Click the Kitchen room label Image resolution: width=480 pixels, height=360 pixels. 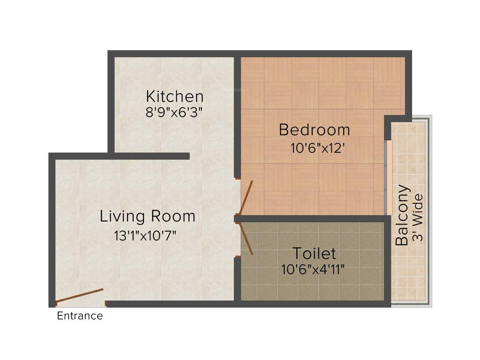(x=174, y=97)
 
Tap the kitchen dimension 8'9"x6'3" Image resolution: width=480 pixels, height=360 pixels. (x=174, y=112)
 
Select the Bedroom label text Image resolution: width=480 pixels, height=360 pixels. (x=314, y=129)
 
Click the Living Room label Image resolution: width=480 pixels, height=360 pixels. (x=147, y=216)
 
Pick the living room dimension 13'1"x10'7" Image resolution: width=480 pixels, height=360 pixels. (x=145, y=235)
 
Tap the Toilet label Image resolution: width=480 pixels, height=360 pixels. (x=314, y=254)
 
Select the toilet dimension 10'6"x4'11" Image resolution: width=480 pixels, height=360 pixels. (x=314, y=270)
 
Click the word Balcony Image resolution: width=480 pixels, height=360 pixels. (x=402, y=215)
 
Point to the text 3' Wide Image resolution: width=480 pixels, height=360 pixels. (x=418, y=217)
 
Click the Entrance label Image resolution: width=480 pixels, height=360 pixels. (x=80, y=316)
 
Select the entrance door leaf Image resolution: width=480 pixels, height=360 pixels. (x=79, y=296)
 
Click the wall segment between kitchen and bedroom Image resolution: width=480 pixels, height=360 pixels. (x=237, y=117)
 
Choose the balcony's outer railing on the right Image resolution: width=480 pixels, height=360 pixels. (x=429, y=211)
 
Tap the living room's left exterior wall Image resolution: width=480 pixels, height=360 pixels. (x=52, y=230)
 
